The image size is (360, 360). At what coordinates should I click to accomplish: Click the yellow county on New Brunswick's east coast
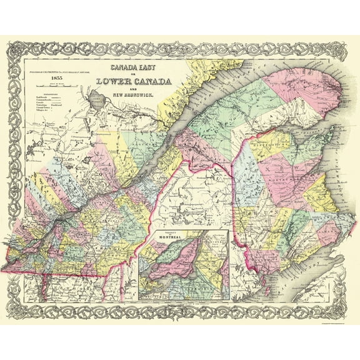click(312, 200)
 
